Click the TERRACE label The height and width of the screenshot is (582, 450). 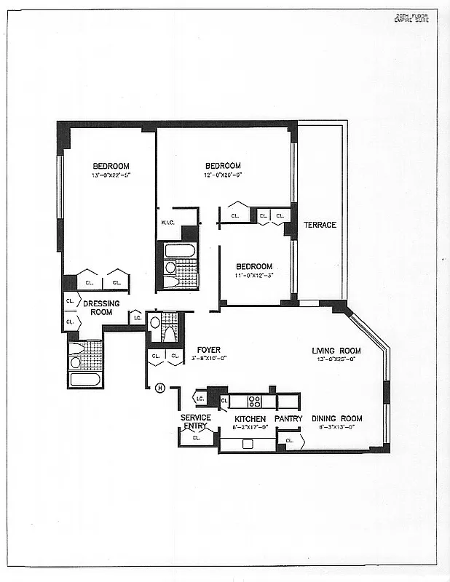pos(320,225)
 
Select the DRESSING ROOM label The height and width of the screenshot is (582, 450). pos(101,308)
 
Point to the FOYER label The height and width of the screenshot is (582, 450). pos(208,350)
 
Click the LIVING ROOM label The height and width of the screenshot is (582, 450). pos(336,350)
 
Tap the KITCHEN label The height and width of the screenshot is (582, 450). pos(250,419)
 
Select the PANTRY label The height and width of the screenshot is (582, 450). pos(288,419)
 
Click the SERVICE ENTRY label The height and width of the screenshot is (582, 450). pos(196,421)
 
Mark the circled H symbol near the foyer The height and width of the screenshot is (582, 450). pos(160,388)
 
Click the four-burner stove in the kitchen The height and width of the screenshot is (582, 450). pos(255,400)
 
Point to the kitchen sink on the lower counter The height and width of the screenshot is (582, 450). pos(248,444)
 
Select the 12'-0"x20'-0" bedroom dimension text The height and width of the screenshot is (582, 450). pos(222,175)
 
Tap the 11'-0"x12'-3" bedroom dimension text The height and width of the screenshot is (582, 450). pos(253,276)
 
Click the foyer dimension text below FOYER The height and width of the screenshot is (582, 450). pos(208,359)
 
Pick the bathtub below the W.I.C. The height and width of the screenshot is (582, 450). pos(179,251)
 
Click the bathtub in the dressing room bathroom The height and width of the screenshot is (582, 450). pos(85,379)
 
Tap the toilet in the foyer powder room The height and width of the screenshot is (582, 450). pos(168,334)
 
